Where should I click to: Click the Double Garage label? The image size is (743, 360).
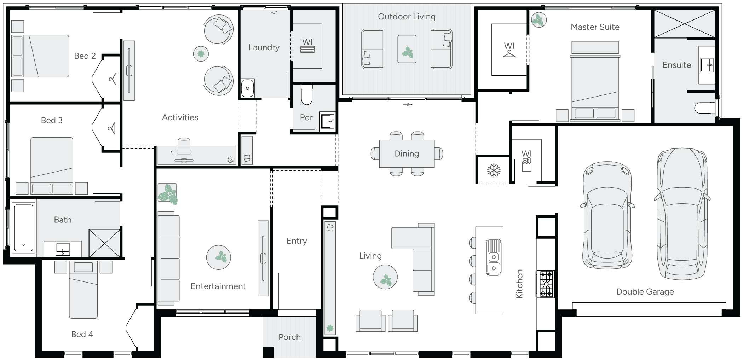[645, 292]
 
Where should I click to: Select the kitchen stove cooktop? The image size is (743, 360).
[545, 284]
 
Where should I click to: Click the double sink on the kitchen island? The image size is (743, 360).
[494, 262]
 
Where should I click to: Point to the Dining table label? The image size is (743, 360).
[407, 154]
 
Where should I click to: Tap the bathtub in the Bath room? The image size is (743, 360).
[23, 227]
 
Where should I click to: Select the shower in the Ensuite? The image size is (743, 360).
[684, 23]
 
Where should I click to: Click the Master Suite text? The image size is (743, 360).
[595, 27]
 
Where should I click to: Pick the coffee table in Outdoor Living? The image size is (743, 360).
[407, 49]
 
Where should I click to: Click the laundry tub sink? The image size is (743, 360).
[247, 88]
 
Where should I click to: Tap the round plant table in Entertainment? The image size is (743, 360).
[218, 257]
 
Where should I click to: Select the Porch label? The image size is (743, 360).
[289, 337]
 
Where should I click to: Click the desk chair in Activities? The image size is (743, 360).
[184, 142]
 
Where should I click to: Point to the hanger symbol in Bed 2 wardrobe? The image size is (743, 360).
[113, 79]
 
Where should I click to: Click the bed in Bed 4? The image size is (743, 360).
[83, 290]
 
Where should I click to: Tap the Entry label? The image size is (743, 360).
[296, 241]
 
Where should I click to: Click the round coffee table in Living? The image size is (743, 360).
[385, 277]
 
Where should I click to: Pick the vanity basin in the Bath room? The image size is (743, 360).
[63, 249]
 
